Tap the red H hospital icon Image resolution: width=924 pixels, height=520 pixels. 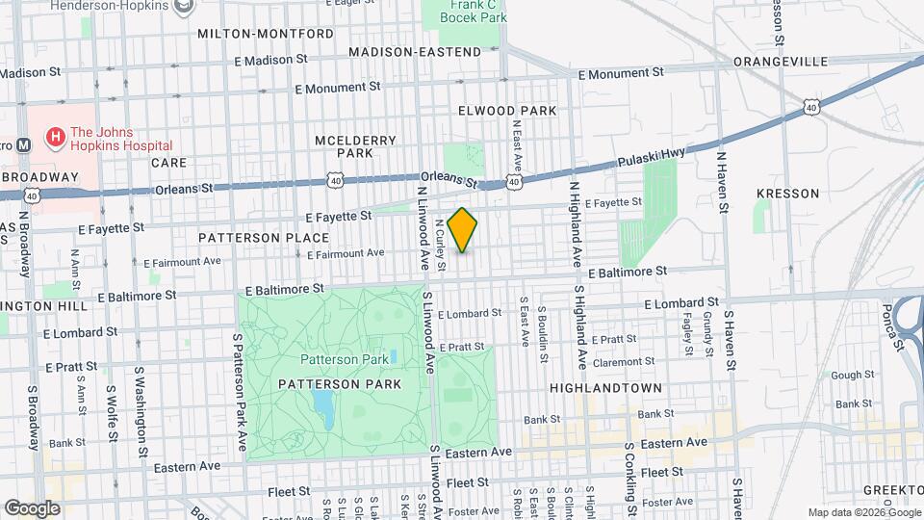tap(55, 139)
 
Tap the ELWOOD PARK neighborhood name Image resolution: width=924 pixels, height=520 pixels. tap(507, 111)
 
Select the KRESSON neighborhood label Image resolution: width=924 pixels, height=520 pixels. tap(787, 194)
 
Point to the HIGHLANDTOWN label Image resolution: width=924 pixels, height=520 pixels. tap(605, 387)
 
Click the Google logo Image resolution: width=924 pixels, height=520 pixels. tap(32, 507)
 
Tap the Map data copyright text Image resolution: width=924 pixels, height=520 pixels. tap(864, 512)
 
